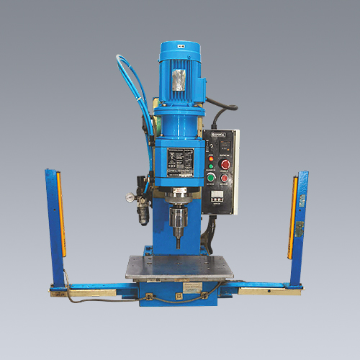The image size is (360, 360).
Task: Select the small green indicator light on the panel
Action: pyautogui.click(x=211, y=177)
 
